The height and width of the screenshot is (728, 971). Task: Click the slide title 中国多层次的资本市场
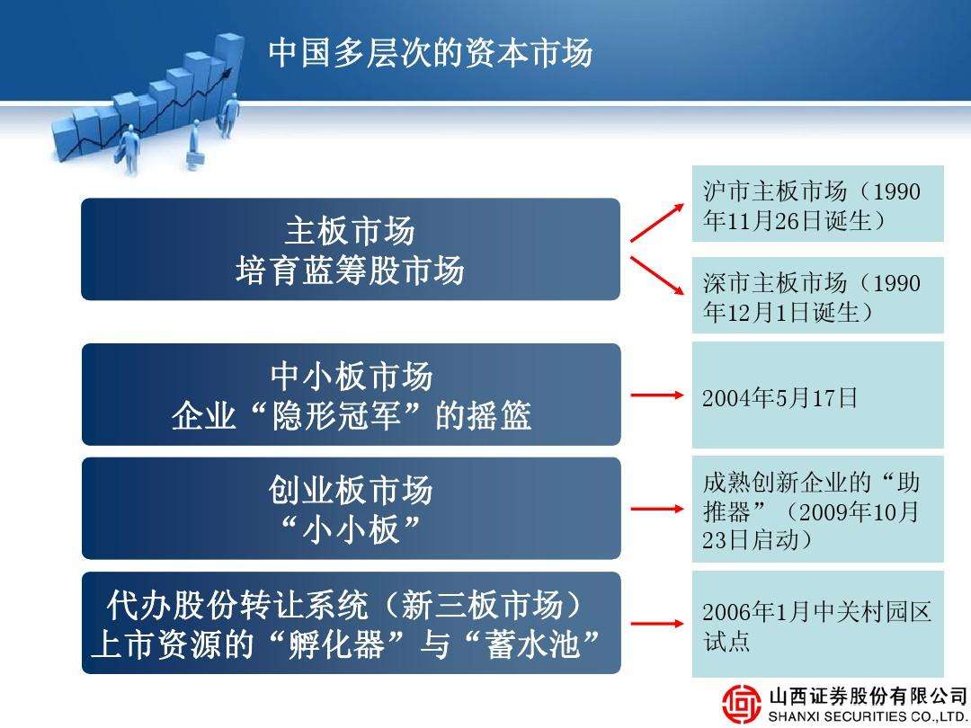431,52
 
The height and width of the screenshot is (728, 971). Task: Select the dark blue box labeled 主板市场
351,249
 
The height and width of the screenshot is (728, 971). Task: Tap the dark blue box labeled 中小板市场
352,395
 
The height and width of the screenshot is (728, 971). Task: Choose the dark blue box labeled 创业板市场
352,508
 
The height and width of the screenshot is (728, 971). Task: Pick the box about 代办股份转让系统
352,623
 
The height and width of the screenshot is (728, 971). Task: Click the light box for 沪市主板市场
817,204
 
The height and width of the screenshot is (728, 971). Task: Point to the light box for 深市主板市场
817,296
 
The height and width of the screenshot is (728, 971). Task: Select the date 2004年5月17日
779,397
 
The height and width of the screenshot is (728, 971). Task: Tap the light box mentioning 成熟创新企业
817,509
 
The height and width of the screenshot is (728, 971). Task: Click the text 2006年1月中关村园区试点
816,626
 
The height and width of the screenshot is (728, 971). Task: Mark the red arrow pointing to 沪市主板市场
657,223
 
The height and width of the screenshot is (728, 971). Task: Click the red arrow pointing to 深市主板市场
657,276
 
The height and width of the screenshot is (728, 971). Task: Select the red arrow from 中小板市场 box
657,395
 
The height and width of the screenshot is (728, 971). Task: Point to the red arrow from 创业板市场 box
657,509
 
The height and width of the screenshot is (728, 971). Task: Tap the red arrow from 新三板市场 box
657,624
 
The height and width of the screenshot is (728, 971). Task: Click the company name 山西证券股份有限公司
868,696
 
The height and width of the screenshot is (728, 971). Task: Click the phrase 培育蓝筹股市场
350,271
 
